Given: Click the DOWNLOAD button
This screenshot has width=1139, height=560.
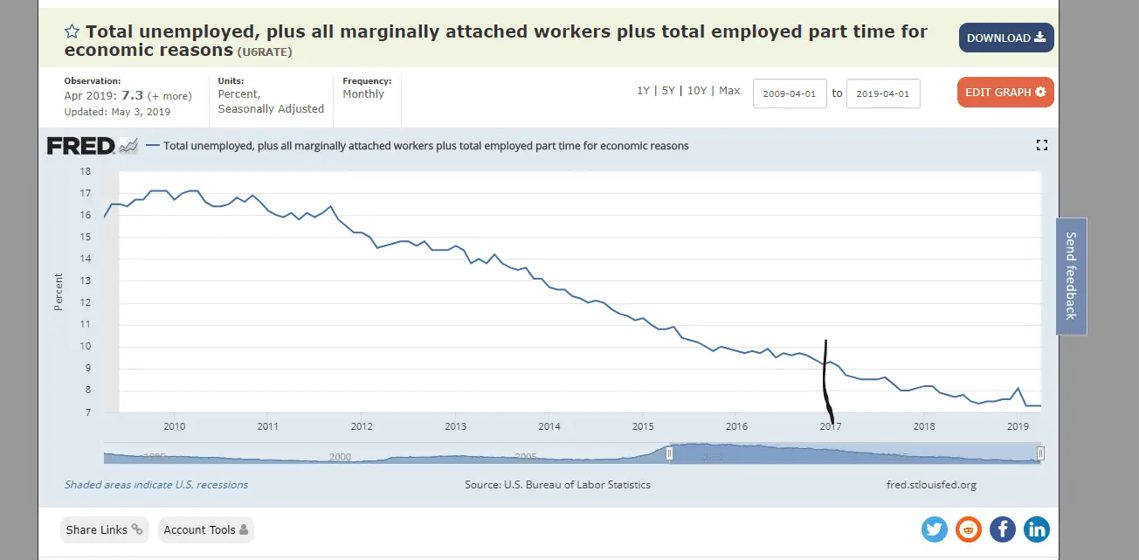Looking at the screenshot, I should click(1006, 38).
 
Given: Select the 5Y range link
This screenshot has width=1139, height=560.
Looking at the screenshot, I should click(668, 91).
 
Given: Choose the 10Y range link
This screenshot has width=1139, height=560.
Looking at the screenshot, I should click(697, 91).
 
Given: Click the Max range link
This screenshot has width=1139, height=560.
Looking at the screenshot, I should click(729, 91).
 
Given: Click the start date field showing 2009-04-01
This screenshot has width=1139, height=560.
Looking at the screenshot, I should click(790, 93).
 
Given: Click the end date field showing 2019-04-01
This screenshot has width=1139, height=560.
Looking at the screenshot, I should click(883, 93).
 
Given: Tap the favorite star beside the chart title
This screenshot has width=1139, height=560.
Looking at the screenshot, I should click(72, 32).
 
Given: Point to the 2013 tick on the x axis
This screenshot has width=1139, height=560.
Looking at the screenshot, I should click(456, 426).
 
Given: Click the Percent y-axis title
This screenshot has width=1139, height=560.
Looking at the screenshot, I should click(59, 292).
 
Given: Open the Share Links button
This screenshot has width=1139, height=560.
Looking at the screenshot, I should click(105, 529).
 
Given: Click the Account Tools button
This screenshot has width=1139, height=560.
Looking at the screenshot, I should click(206, 529).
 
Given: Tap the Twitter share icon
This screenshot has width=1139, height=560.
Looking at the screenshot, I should click(935, 529).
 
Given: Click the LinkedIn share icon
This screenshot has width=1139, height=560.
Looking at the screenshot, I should click(1037, 529).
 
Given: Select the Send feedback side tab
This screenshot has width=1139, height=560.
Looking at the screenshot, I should click(1071, 276).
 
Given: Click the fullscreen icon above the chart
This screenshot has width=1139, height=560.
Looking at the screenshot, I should click(1041, 145).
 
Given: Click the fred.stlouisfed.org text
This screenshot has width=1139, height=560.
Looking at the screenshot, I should click(931, 484).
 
